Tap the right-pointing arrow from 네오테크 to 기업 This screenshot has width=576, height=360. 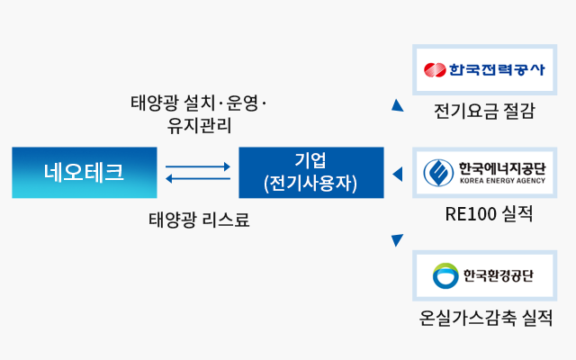point(198,166)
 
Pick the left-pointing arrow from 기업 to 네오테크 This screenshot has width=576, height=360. point(198,178)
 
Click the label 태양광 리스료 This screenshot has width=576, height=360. point(198,219)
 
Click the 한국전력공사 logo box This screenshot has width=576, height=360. point(483,69)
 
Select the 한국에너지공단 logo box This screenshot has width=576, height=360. point(483,173)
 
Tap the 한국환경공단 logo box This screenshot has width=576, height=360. point(483,275)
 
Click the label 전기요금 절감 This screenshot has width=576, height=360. point(483,112)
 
